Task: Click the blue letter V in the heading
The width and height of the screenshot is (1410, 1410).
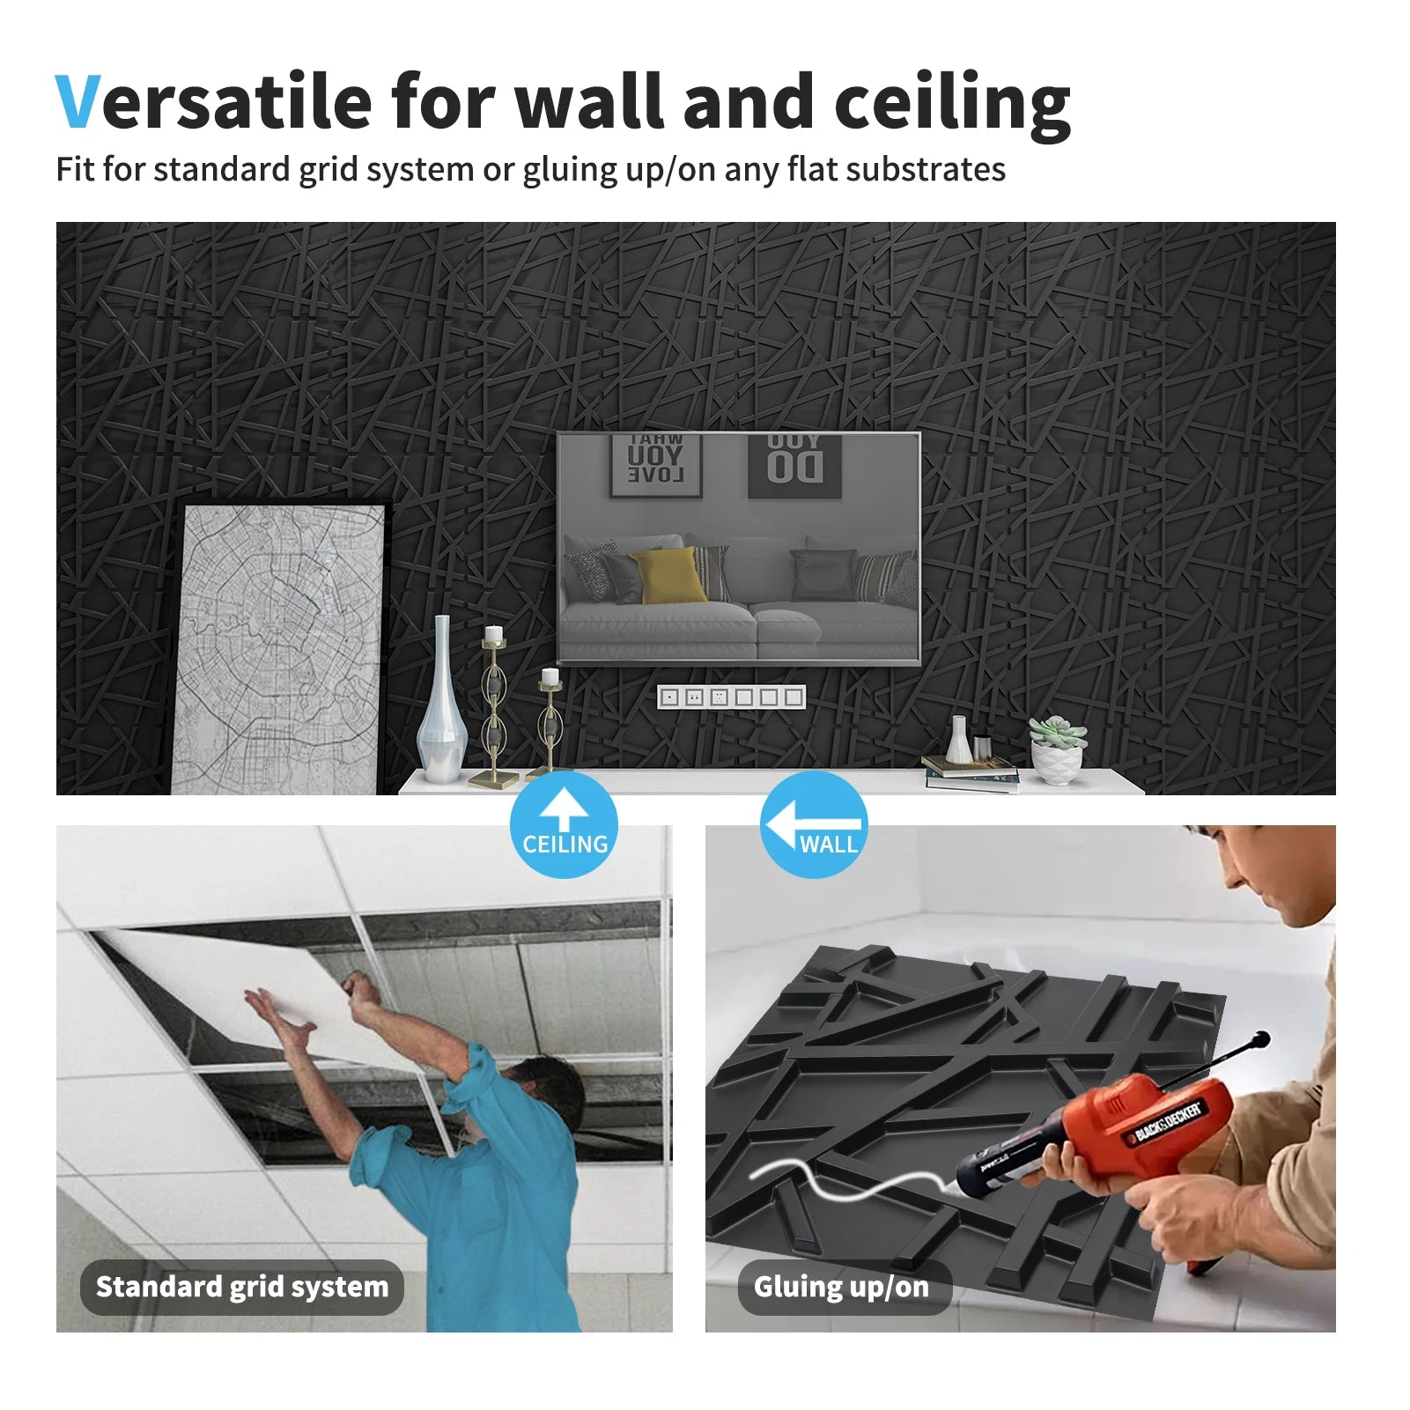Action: (78, 102)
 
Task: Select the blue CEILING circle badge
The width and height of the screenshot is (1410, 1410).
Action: (564, 825)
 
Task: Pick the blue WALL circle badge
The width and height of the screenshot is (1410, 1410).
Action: (814, 825)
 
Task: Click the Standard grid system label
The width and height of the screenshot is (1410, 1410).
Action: (241, 1287)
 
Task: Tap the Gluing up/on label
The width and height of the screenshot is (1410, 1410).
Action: (842, 1287)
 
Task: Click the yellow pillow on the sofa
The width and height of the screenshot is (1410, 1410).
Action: (668, 575)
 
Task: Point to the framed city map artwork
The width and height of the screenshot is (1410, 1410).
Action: (280, 647)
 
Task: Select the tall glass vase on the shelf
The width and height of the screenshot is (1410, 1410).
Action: (441, 705)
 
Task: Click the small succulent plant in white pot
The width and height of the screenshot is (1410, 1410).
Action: (1057, 747)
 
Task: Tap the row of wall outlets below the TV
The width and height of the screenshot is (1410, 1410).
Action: (731, 698)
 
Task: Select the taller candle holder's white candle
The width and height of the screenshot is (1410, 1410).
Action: (494, 633)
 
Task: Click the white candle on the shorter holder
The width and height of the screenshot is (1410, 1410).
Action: (550, 676)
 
